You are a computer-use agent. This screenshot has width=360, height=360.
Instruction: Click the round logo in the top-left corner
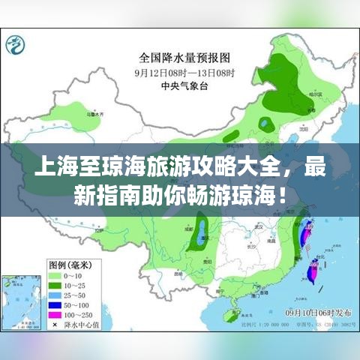tap(16, 46)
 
